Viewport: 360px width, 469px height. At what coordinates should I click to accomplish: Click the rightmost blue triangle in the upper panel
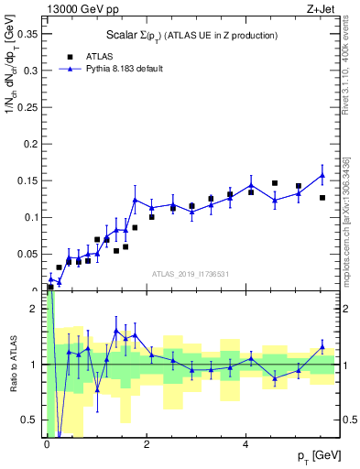click(322, 175)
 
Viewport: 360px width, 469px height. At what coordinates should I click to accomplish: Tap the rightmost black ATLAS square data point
click(322, 198)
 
